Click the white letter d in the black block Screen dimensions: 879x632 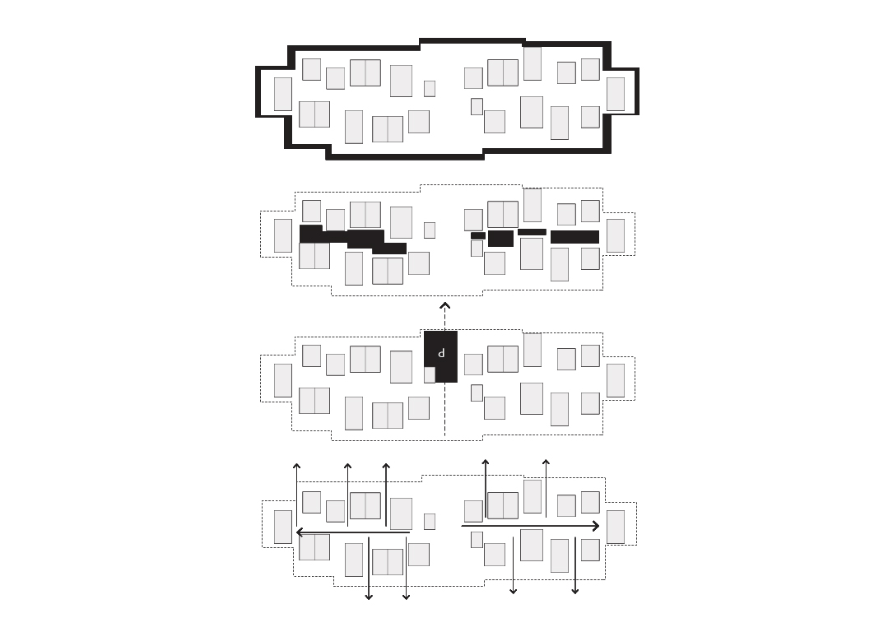click(441, 353)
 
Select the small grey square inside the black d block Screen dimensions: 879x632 click(430, 374)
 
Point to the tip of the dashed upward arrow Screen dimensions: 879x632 click(444, 303)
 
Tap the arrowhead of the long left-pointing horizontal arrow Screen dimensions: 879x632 click(299, 532)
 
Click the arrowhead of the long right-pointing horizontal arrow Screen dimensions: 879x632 click(597, 526)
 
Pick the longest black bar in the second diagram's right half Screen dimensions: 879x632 click(574, 237)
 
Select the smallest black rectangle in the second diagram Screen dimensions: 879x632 click(477, 236)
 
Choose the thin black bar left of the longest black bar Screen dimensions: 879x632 click(532, 232)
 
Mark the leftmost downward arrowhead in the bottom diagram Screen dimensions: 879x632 click(368, 597)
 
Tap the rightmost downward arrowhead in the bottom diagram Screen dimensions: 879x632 click(574, 591)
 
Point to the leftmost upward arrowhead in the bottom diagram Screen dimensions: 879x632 click(296, 466)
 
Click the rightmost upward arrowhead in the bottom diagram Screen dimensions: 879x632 click(546, 462)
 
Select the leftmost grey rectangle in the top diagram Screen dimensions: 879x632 click(282, 94)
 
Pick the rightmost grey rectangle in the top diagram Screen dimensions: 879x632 click(616, 94)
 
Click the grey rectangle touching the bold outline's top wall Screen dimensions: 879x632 click(533, 63)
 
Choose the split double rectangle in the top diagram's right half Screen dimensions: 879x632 click(503, 73)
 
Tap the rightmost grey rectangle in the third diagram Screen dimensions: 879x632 click(616, 380)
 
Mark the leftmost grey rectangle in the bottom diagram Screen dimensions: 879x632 click(283, 527)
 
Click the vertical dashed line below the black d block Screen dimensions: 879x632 click(444, 409)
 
